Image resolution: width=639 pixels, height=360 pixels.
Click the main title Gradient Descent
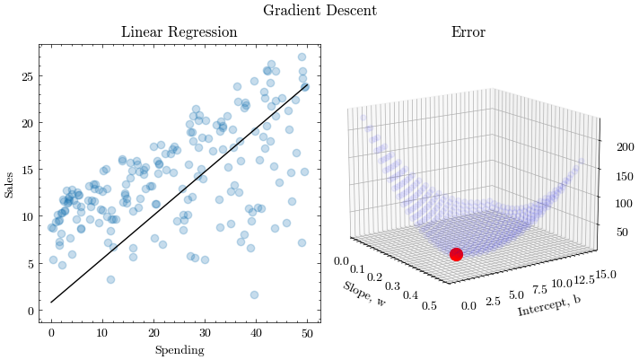tap(319, 11)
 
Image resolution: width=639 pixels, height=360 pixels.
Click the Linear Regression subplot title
tap(179, 32)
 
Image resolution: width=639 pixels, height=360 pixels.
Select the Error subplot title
tap(468, 32)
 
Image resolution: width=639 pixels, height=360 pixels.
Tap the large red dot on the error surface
tap(456, 254)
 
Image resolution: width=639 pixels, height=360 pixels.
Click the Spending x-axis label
tap(179, 349)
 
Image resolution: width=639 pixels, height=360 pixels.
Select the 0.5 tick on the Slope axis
tap(431, 304)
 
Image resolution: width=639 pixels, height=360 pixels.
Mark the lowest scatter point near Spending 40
tap(254, 294)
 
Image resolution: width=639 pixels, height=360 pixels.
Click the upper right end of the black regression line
tap(308, 84)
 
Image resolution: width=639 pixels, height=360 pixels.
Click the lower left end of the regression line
tap(51, 303)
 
